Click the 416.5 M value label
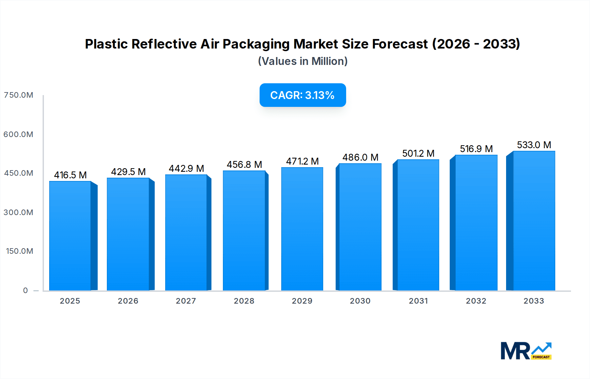point(70,175)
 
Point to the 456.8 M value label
point(244,165)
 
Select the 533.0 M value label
point(534,145)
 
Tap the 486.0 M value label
point(360,157)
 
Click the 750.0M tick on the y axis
point(18,95)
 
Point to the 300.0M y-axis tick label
point(18,212)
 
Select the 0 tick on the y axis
point(25,290)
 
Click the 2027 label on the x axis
point(186,301)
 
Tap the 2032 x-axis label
point(476,301)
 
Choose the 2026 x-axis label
point(128,301)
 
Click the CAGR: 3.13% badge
point(303,95)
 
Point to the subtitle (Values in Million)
point(303,61)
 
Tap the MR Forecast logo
point(526,351)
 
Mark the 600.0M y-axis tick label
point(18,134)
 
